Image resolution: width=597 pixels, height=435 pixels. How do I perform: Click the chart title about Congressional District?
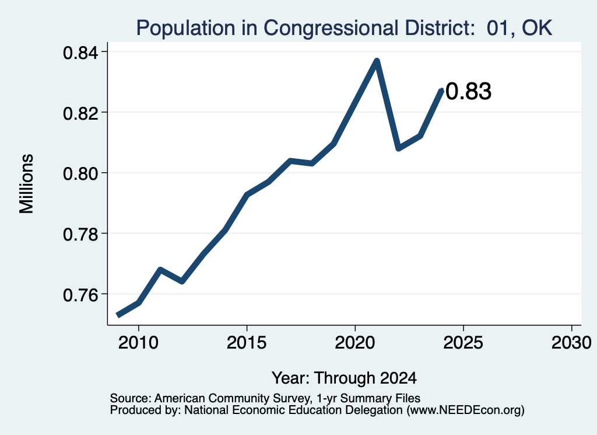point(344,28)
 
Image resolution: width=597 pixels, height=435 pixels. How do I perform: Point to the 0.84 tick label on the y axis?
point(83,53)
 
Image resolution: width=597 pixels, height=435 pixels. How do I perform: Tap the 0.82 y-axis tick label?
point(83,113)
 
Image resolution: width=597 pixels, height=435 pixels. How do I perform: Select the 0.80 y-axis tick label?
point(83,174)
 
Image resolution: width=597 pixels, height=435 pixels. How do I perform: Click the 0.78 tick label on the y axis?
point(83,234)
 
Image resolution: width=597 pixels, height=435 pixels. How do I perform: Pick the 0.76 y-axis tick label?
point(83,295)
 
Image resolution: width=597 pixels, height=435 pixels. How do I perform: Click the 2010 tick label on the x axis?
point(138,343)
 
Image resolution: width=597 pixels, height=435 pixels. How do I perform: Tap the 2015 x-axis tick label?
point(247,343)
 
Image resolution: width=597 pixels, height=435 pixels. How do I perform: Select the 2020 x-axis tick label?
point(355,343)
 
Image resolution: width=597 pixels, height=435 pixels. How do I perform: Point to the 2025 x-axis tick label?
point(463,343)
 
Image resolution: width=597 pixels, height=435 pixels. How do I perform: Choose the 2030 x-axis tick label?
point(571,343)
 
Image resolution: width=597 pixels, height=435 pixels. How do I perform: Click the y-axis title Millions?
point(27,183)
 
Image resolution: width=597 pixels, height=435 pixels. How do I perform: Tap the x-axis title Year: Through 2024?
point(344,378)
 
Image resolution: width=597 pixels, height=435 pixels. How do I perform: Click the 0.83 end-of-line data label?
point(468,92)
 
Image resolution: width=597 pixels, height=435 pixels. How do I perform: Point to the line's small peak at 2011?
point(160,270)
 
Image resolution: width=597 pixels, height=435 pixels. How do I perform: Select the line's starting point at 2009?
point(118,315)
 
